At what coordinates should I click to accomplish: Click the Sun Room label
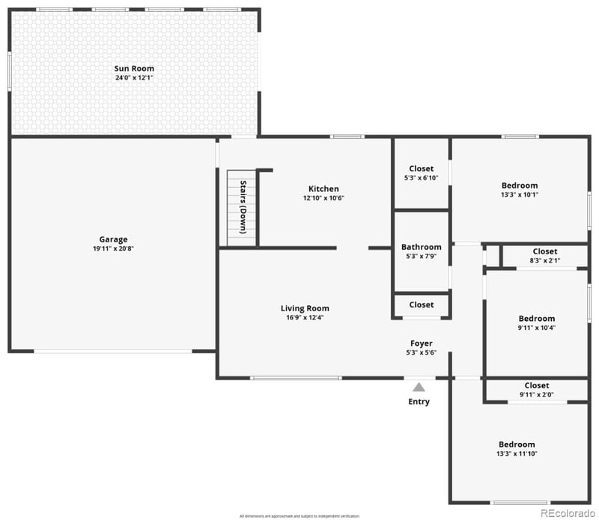click(134, 69)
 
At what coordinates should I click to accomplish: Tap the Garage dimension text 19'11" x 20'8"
click(114, 249)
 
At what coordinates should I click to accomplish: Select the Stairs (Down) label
click(243, 207)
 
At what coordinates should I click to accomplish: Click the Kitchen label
click(323, 189)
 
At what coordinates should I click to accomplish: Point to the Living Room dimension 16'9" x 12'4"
click(305, 317)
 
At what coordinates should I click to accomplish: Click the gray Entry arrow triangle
click(419, 387)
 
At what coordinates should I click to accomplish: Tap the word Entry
click(419, 402)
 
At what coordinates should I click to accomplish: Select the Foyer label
click(421, 343)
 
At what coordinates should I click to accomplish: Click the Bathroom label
click(421, 247)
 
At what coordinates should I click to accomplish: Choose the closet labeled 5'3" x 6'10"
click(421, 178)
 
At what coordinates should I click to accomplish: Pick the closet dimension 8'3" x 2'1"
click(544, 260)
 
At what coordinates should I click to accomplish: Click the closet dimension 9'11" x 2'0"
click(536, 395)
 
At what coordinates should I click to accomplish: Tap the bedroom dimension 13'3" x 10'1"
click(519, 195)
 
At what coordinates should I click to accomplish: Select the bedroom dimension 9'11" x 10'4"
click(537, 328)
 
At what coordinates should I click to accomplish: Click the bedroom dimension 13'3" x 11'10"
click(517, 453)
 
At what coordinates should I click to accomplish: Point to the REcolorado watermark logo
click(568, 513)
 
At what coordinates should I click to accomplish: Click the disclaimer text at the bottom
click(299, 516)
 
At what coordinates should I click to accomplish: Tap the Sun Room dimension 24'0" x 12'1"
click(134, 78)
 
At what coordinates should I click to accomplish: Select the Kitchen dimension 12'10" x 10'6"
click(323, 198)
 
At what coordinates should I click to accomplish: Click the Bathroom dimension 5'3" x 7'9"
click(421, 257)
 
